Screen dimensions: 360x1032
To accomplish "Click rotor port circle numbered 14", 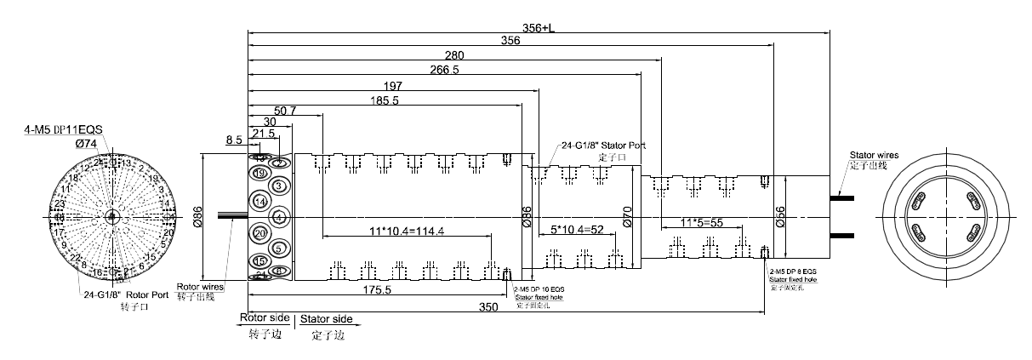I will (260, 201).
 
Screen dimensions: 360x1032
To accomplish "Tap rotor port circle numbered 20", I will (260, 232).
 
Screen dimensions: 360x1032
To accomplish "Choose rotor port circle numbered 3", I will (279, 186).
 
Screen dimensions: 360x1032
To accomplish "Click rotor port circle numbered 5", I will (279, 248).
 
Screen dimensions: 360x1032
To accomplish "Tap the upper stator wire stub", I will (843, 197).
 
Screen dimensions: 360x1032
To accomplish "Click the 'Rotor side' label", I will (265, 318).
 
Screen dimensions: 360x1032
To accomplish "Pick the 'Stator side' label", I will (326, 318).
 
